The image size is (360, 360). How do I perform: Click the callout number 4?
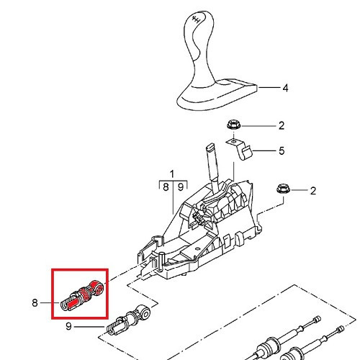click(285, 88)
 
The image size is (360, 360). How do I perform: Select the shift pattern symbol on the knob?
click(197, 19)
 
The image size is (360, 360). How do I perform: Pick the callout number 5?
click(282, 150)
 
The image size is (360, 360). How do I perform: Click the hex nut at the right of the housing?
click(284, 189)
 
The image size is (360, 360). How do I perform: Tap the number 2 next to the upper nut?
click(282, 125)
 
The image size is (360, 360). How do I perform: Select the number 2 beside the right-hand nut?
click(313, 191)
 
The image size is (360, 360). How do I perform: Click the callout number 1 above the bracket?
click(172, 174)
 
